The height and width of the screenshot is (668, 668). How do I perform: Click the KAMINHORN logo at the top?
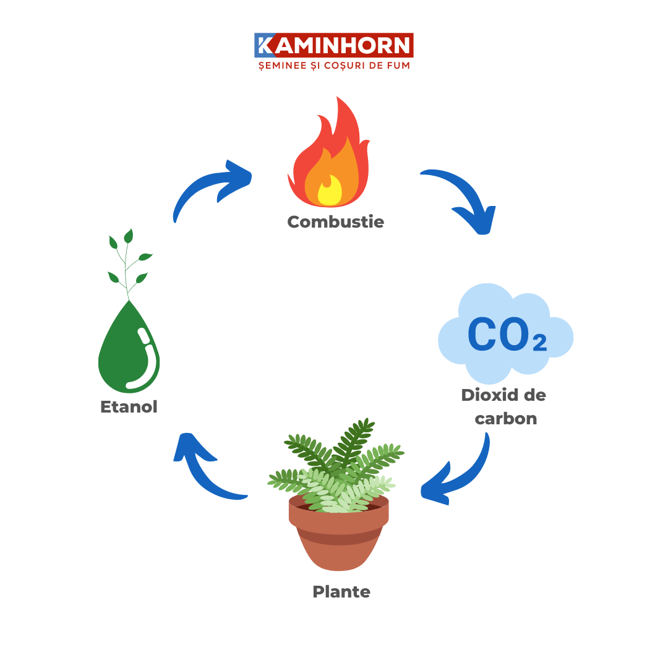334,46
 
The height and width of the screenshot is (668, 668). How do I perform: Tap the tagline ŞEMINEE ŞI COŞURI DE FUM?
334,65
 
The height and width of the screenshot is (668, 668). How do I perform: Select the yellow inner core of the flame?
330,191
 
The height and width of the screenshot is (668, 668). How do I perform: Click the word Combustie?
336,221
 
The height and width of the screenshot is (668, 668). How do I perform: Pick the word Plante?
341,592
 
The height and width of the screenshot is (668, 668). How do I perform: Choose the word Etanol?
129,406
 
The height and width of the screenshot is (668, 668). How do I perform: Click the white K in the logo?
264,46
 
